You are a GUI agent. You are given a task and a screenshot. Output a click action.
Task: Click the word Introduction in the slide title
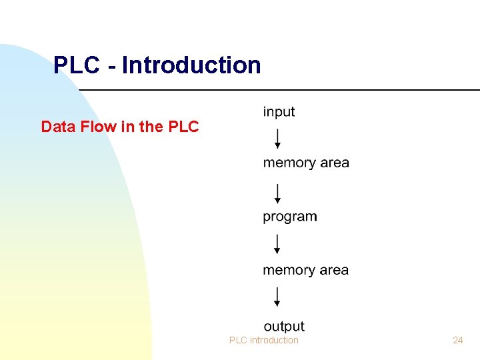[191, 65]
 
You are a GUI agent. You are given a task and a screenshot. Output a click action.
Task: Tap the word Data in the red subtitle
[57, 127]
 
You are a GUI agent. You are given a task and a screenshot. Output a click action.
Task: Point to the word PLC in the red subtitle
[184, 127]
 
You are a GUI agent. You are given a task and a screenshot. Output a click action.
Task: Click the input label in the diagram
[279, 112]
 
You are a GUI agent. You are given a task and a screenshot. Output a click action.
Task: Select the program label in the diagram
[290, 217]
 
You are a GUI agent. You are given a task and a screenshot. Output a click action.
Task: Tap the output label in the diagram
[284, 326]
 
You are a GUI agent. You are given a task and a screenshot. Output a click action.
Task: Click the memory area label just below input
[306, 163]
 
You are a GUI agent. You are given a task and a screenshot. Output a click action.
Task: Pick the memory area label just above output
[306, 270]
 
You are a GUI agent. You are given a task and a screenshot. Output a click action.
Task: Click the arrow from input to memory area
[277, 139]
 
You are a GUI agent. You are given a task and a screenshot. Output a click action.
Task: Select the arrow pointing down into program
[277, 193]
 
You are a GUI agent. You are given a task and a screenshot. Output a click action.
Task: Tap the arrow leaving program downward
[277, 244]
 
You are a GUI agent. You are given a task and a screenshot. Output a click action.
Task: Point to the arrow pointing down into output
[277, 297]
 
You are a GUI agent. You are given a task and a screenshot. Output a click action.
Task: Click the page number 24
[457, 340]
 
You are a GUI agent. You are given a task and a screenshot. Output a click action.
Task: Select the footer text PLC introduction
[264, 340]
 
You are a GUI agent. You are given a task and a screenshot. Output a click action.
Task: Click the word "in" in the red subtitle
[127, 127]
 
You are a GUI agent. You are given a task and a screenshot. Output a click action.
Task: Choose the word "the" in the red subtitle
[151, 127]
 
